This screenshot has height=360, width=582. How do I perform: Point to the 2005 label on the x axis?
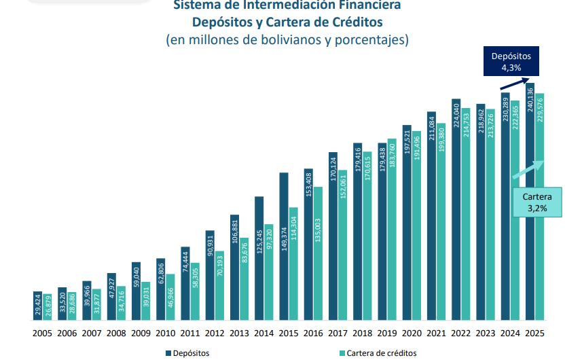[x=42, y=334]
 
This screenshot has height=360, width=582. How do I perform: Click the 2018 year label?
[x=362, y=334]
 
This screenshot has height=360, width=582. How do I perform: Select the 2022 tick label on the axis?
[x=460, y=334]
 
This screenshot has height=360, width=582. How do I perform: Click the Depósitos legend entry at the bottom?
[x=186, y=353]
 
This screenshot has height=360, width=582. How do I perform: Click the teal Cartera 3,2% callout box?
[x=537, y=202]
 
